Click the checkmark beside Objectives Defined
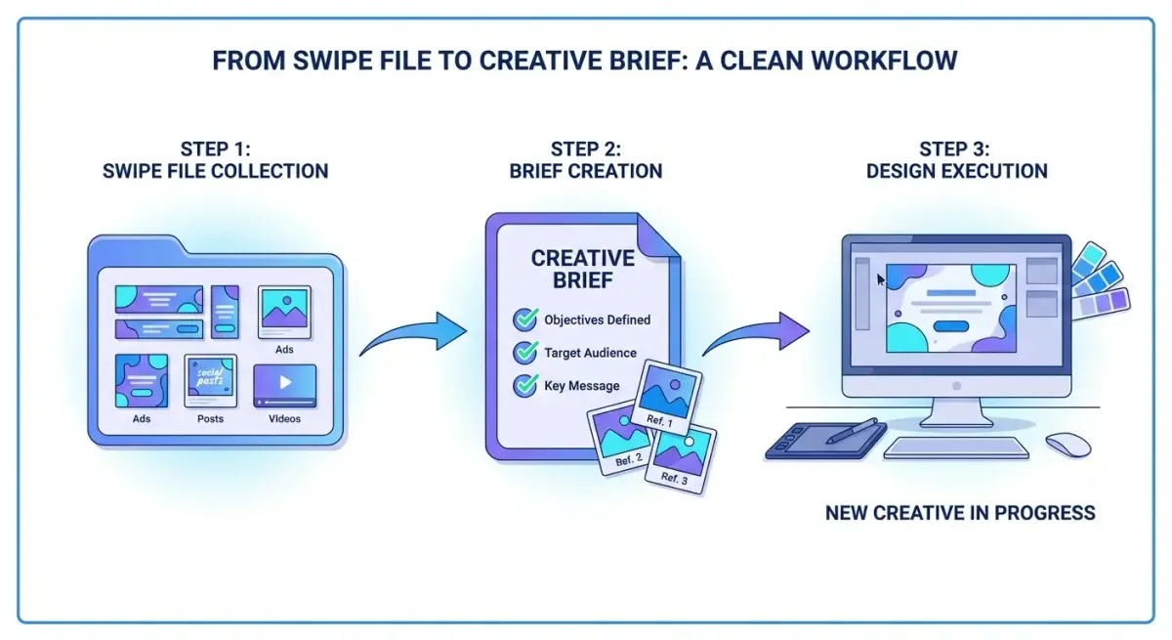pos(525,320)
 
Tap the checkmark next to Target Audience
pos(525,353)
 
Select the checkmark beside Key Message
pos(525,385)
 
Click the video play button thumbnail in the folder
pos(285,384)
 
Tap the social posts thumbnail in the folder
pos(210,381)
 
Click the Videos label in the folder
pos(285,418)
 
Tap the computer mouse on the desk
pos(1067,444)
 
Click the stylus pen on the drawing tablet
pos(852,431)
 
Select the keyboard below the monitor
pos(956,448)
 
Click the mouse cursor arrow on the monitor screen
pos(881,280)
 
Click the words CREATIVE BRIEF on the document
pos(583,270)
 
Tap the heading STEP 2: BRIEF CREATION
pos(586,160)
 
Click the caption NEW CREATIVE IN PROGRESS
pos(960,513)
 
